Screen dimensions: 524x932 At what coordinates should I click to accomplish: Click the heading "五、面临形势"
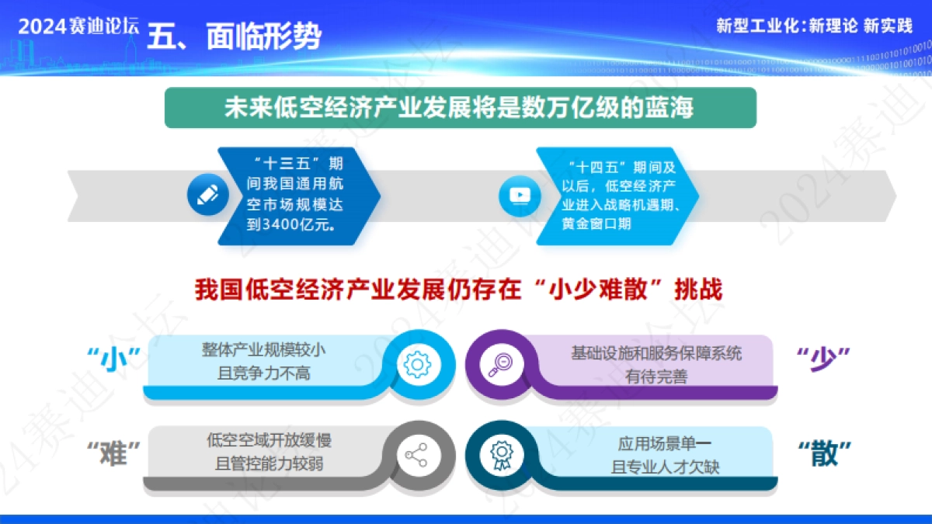(x=234, y=36)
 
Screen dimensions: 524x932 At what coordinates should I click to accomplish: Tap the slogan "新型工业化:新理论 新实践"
(x=814, y=26)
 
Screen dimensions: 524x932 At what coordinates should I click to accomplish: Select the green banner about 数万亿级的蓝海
(x=460, y=107)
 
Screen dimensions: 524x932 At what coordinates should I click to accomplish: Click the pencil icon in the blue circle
(x=208, y=195)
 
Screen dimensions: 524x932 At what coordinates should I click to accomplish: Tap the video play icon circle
(x=518, y=195)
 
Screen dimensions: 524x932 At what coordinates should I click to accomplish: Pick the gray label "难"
(x=114, y=453)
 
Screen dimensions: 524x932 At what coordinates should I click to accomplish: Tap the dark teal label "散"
(x=824, y=453)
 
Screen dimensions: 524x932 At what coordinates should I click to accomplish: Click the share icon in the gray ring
(x=418, y=455)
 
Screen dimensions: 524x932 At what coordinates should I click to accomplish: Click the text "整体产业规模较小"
(x=264, y=352)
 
